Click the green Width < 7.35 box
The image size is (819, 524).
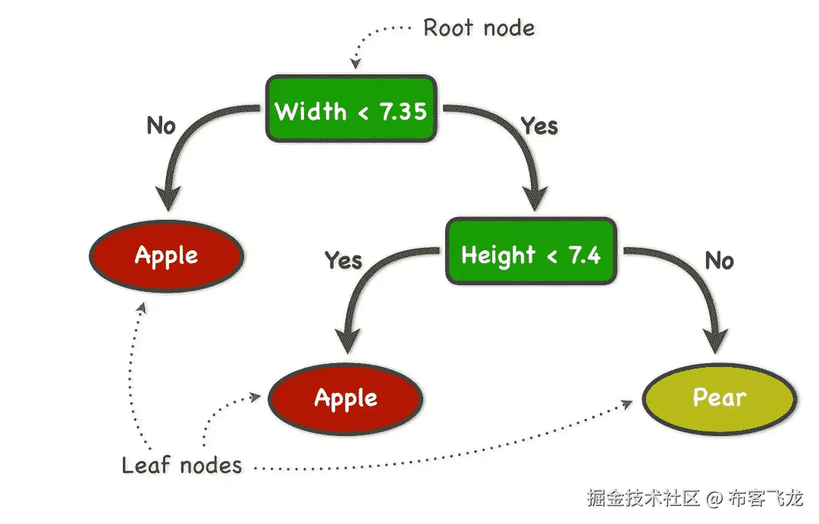click(351, 108)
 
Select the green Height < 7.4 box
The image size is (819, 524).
click(531, 251)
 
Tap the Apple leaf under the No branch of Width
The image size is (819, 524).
click(167, 256)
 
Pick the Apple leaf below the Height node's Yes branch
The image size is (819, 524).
click(346, 399)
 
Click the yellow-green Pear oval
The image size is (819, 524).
click(719, 398)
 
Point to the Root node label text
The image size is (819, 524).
click(479, 28)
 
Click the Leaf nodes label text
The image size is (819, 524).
click(182, 465)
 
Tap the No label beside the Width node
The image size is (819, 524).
click(161, 126)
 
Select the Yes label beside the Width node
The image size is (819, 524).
click(540, 126)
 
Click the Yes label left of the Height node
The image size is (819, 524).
click(344, 260)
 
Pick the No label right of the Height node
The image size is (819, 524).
click(719, 260)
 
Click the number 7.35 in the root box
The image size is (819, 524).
click(403, 111)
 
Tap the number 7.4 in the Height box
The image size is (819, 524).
click(584, 255)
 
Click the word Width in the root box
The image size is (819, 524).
click(311, 111)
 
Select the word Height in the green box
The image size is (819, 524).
click(498, 256)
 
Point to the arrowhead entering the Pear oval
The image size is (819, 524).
click(715, 341)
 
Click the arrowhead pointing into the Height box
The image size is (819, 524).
click(535, 199)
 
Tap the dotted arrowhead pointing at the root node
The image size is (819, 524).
click(356, 64)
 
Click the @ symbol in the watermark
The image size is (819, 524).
click(714, 498)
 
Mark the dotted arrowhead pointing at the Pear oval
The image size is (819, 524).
click(626, 404)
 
